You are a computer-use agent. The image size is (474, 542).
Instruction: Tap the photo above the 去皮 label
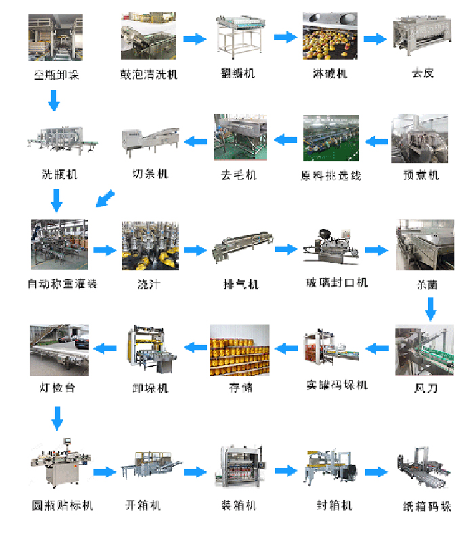point(422,37)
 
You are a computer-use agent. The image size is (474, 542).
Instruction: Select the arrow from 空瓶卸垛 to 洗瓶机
point(54,102)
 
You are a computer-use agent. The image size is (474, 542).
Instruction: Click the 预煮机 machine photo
point(419,139)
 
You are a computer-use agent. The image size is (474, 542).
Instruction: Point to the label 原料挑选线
point(330,175)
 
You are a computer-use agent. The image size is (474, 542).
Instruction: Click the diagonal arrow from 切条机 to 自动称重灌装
point(105,199)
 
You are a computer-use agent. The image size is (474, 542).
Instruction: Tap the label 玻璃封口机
point(337,283)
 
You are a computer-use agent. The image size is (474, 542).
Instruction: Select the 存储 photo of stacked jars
point(240,350)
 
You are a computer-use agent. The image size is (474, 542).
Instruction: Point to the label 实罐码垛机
point(337,385)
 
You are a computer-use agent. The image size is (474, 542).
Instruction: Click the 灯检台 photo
point(58,350)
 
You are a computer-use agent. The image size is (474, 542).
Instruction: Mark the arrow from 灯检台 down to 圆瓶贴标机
point(58,417)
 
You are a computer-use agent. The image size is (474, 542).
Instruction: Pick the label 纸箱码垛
point(427,507)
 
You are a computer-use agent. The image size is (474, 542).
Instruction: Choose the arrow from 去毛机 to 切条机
point(196,142)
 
